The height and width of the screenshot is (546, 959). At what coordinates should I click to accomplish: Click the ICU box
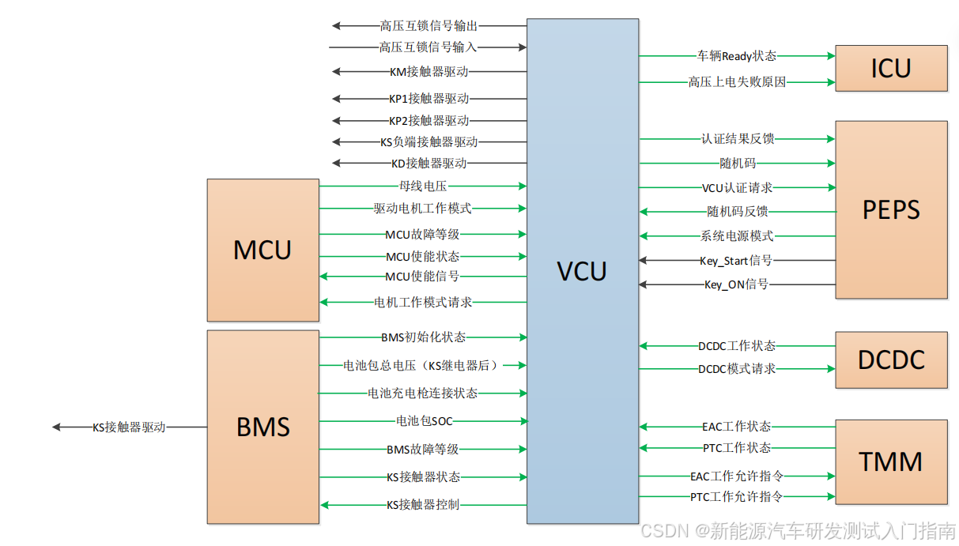[x=891, y=69]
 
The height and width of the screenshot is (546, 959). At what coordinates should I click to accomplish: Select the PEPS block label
[x=891, y=210]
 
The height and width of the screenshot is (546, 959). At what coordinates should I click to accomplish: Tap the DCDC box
[x=891, y=360]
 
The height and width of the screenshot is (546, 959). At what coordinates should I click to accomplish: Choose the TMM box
[x=891, y=461]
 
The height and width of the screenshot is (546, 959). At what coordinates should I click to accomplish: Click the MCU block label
[x=262, y=250]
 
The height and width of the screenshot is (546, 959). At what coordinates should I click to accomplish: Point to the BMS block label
[x=262, y=427]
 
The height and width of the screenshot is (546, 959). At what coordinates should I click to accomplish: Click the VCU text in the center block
[x=582, y=272]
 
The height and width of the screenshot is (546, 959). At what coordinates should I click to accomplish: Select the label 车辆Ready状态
[x=736, y=56]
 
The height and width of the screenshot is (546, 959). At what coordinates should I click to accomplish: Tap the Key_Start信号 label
[x=736, y=261]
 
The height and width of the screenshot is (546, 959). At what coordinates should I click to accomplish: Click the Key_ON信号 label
[x=736, y=284]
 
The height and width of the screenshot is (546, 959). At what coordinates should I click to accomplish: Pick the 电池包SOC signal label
[x=424, y=421]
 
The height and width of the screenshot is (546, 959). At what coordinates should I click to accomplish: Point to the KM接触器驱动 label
[x=429, y=72]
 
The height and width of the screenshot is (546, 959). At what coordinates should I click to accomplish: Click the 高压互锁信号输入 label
[x=428, y=47]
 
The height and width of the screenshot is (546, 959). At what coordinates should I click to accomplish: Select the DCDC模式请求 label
[x=737, y=369]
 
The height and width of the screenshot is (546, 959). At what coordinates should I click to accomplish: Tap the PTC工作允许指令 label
[x=736, y=497]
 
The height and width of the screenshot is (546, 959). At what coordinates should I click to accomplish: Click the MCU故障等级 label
[x=422, y=234]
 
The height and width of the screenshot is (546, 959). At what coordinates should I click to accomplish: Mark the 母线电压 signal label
[x=423, y=186]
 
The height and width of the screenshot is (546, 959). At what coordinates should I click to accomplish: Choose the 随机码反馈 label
[x=737, y=212]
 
